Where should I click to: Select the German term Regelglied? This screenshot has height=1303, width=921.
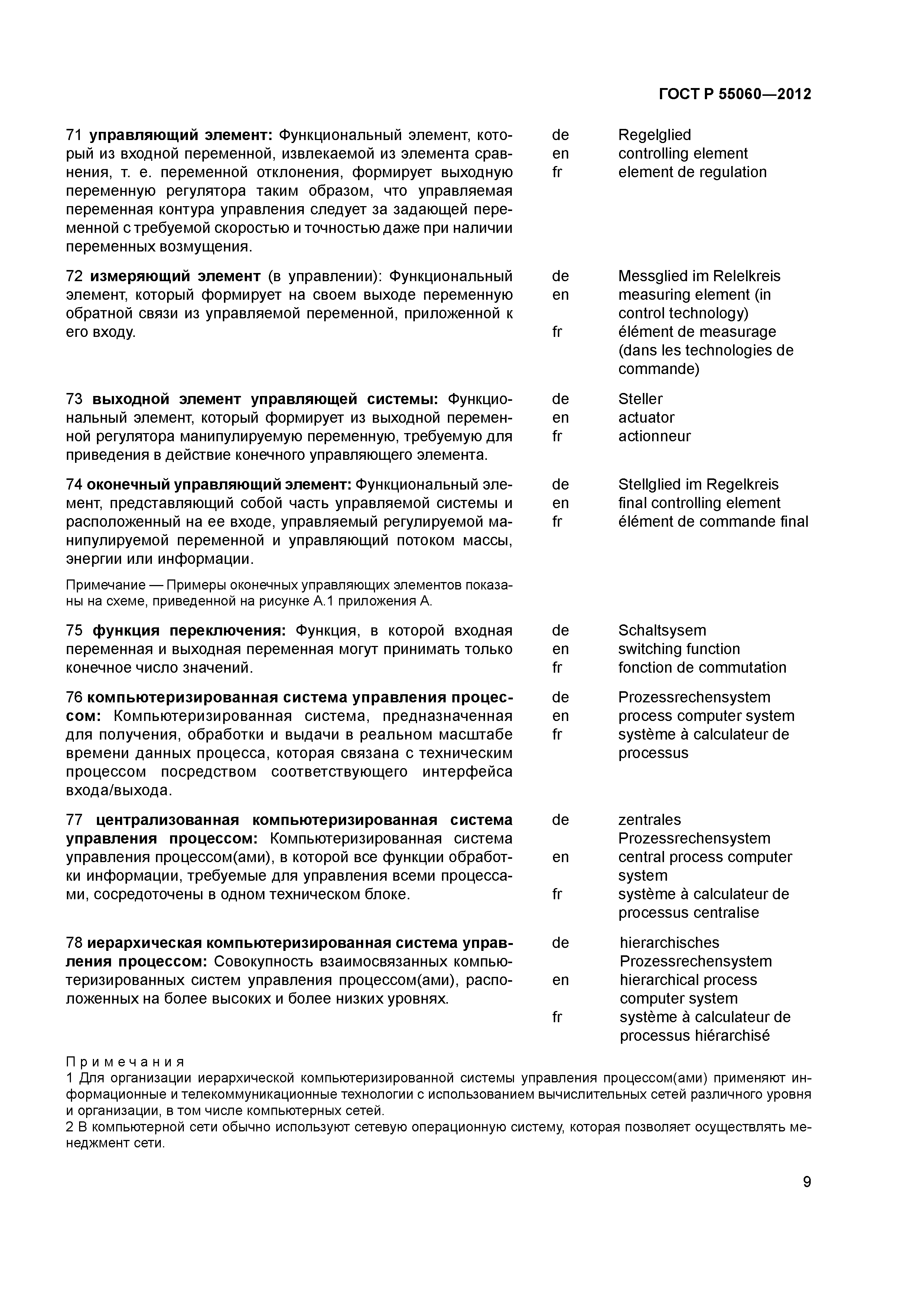coord(654,135)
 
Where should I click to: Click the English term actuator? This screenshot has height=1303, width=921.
coord(646,418)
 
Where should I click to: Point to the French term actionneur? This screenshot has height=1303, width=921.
coord(654,436)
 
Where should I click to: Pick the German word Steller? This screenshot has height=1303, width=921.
coord(640,399)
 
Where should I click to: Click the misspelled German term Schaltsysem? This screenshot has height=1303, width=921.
coord(662,630)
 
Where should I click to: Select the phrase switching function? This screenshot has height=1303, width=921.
coord(679,649)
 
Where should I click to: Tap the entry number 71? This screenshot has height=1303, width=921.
coord(74,135)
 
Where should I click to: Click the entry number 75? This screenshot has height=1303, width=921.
coord(74,630)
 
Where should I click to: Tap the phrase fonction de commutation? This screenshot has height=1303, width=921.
coord(702,667)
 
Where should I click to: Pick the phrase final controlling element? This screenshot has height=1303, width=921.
coord(699,503)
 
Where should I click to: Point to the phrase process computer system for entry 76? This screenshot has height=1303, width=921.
coord(706,716)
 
